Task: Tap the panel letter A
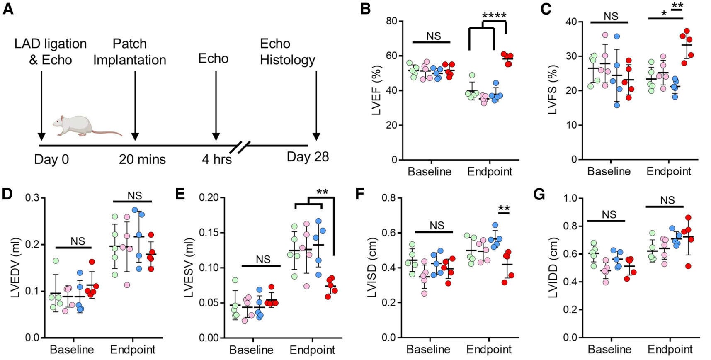click(8, 9)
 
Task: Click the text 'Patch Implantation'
click(129, 52)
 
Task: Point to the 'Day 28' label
click(308, 157)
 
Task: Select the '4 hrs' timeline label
click(216, 159)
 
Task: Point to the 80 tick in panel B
click(391, 21)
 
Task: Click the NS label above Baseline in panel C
click(610, 16)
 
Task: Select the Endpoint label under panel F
click(489, 349)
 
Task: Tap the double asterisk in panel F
click(503, 209)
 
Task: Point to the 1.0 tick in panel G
click(571, 198)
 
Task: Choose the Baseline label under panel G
click(609, 349)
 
